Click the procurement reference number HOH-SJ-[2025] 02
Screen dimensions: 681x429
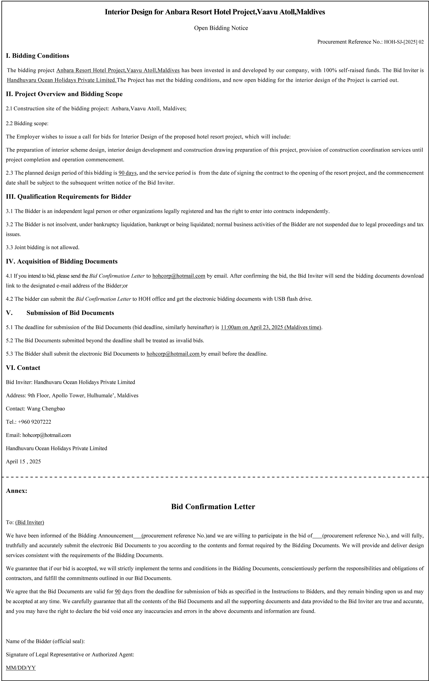[x=404, y=42]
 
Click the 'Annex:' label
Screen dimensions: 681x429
[x=16, y=491]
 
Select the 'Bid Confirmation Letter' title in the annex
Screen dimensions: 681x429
[x=213, y=506]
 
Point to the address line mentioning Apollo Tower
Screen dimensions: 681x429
[x=72, y=395]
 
